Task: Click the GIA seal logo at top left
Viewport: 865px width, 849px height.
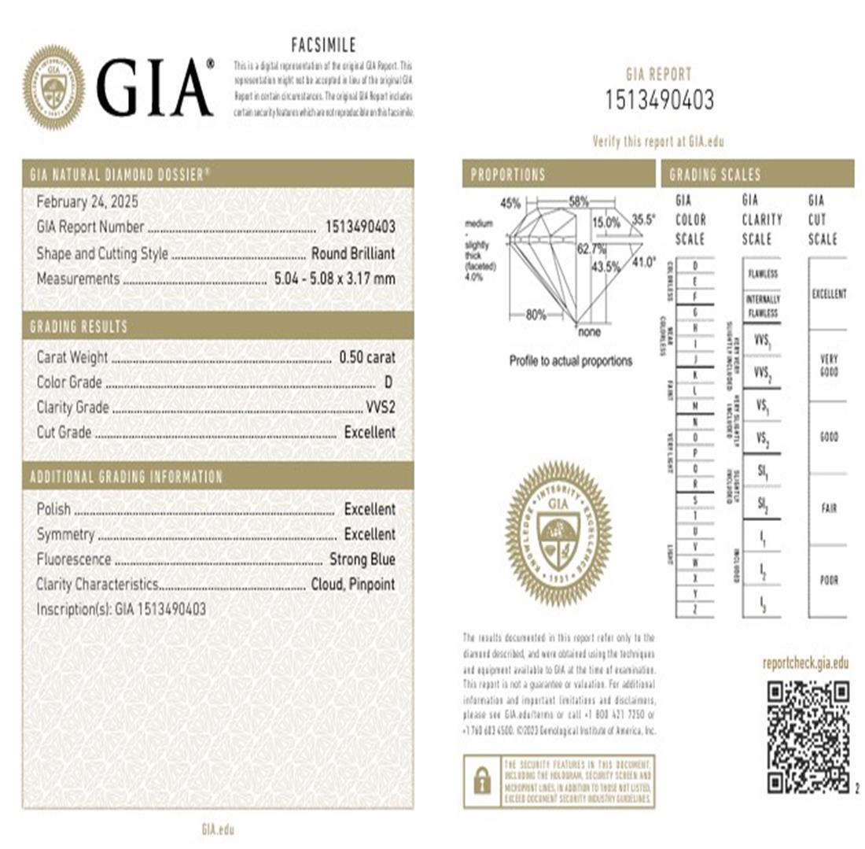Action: pyautogui.click(x=53, y=86)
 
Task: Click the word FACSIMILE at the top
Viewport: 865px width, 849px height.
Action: pyautogui.click(x=323, y=46)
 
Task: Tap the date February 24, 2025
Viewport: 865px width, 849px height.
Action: pyautogui.click(x=87, y=202)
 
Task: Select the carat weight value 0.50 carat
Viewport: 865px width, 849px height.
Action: pyautogui.click(x=367, y=357)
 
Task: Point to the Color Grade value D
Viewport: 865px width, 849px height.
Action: pyautogui.click(x=387, y=382)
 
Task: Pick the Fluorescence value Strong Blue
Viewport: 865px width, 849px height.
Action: pyautogui.click(x=362, y=559)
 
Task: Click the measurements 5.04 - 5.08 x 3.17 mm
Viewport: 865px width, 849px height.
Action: pyautogui.click(x=334, y=279)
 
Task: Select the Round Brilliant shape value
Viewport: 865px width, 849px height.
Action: pyautogui.click(x=353, y=253)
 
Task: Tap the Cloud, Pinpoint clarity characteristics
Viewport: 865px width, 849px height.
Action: pyautogui.click(x=350, y=585)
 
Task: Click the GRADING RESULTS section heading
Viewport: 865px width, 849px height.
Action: pyautogui.click(x=79, y=326)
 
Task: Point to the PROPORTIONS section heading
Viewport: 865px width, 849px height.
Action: pyautogui.click(x=508, y=175)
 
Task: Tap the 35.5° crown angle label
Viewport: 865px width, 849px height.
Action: pyautogui.click(x=643, y=221)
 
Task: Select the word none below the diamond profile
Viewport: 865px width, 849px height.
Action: pyautogui.click(x=588, y=332)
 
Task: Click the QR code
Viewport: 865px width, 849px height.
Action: pyautogui.click(x=808, y=736)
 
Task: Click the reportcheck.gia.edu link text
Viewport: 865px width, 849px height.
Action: pyautogui.click(x=805, y=663)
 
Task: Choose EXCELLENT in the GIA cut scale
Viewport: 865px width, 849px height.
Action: pyautogui.click(x=828, y=294)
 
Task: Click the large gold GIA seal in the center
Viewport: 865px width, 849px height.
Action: pyautogui.click(x=558, y=533)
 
